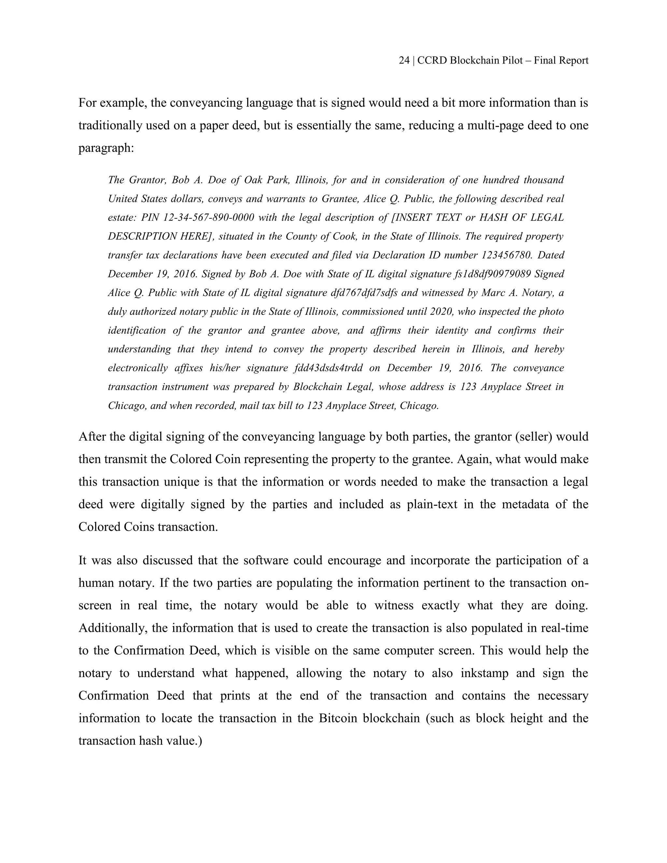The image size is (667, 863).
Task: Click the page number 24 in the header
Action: tap(404, 61)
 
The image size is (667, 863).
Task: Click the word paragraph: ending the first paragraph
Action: tap(106, 148)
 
